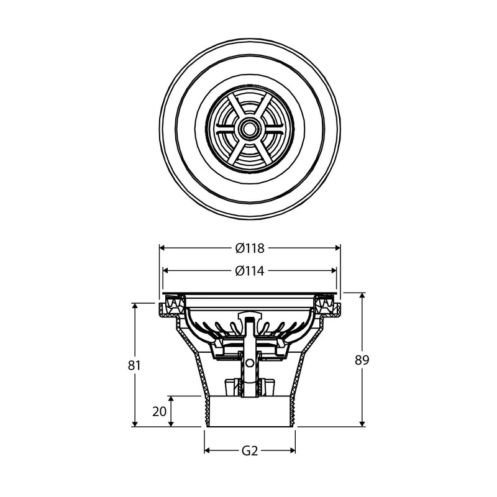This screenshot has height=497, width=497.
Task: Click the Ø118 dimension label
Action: pos(250,248)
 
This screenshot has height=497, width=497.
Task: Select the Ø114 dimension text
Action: pos(250,271)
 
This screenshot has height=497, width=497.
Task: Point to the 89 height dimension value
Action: pos(362,360)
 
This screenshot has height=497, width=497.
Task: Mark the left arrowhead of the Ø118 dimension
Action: pos(163,248)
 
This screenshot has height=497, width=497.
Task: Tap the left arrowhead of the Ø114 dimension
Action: pos(166,271)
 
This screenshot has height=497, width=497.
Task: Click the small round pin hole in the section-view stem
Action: pos(250,362)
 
